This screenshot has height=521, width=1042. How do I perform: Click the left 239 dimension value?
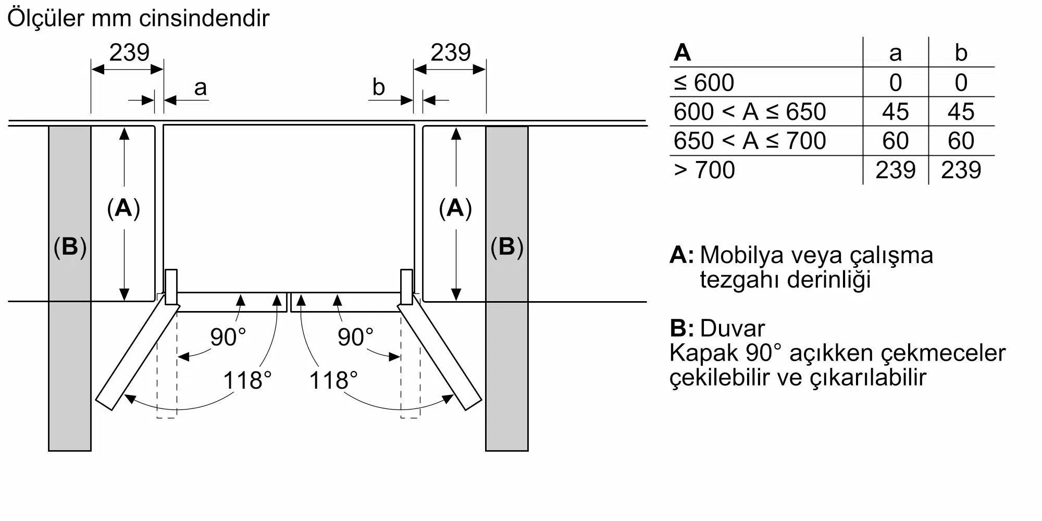tap(129, 52)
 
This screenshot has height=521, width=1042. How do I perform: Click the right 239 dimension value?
tap(451, 52)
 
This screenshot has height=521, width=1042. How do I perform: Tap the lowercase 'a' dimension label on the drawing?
tap(200, 88)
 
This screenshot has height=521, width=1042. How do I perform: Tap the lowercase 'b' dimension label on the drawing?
tap(378, 86)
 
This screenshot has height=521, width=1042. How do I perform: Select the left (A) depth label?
tap(123, 208)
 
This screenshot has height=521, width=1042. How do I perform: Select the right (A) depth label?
tap(455, 208)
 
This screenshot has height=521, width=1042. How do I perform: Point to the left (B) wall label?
tap(70, 246)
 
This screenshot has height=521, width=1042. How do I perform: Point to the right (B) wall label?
tap(506, 246)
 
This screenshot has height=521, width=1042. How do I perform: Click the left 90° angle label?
tap(228, 337)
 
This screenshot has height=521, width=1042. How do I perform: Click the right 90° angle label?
tap(355, 337)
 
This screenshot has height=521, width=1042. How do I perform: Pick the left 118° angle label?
tap(247, 380)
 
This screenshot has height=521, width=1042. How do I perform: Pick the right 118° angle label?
tap(333, 380)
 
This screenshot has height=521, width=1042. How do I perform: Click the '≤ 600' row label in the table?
tap(704, 82)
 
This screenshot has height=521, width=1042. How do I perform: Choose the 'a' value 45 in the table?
tap(895, 111)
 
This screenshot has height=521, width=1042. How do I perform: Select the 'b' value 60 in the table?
tap(961, 141)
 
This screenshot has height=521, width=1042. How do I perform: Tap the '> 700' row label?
tap(704, 170)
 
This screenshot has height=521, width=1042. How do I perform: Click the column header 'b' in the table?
tap(961, 53)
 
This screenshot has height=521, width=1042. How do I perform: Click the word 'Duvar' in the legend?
tap(733, 328)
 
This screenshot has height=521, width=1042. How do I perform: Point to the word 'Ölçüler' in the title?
tap(45, 18)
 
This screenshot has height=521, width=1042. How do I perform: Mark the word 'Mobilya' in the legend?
tap(742, 255)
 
